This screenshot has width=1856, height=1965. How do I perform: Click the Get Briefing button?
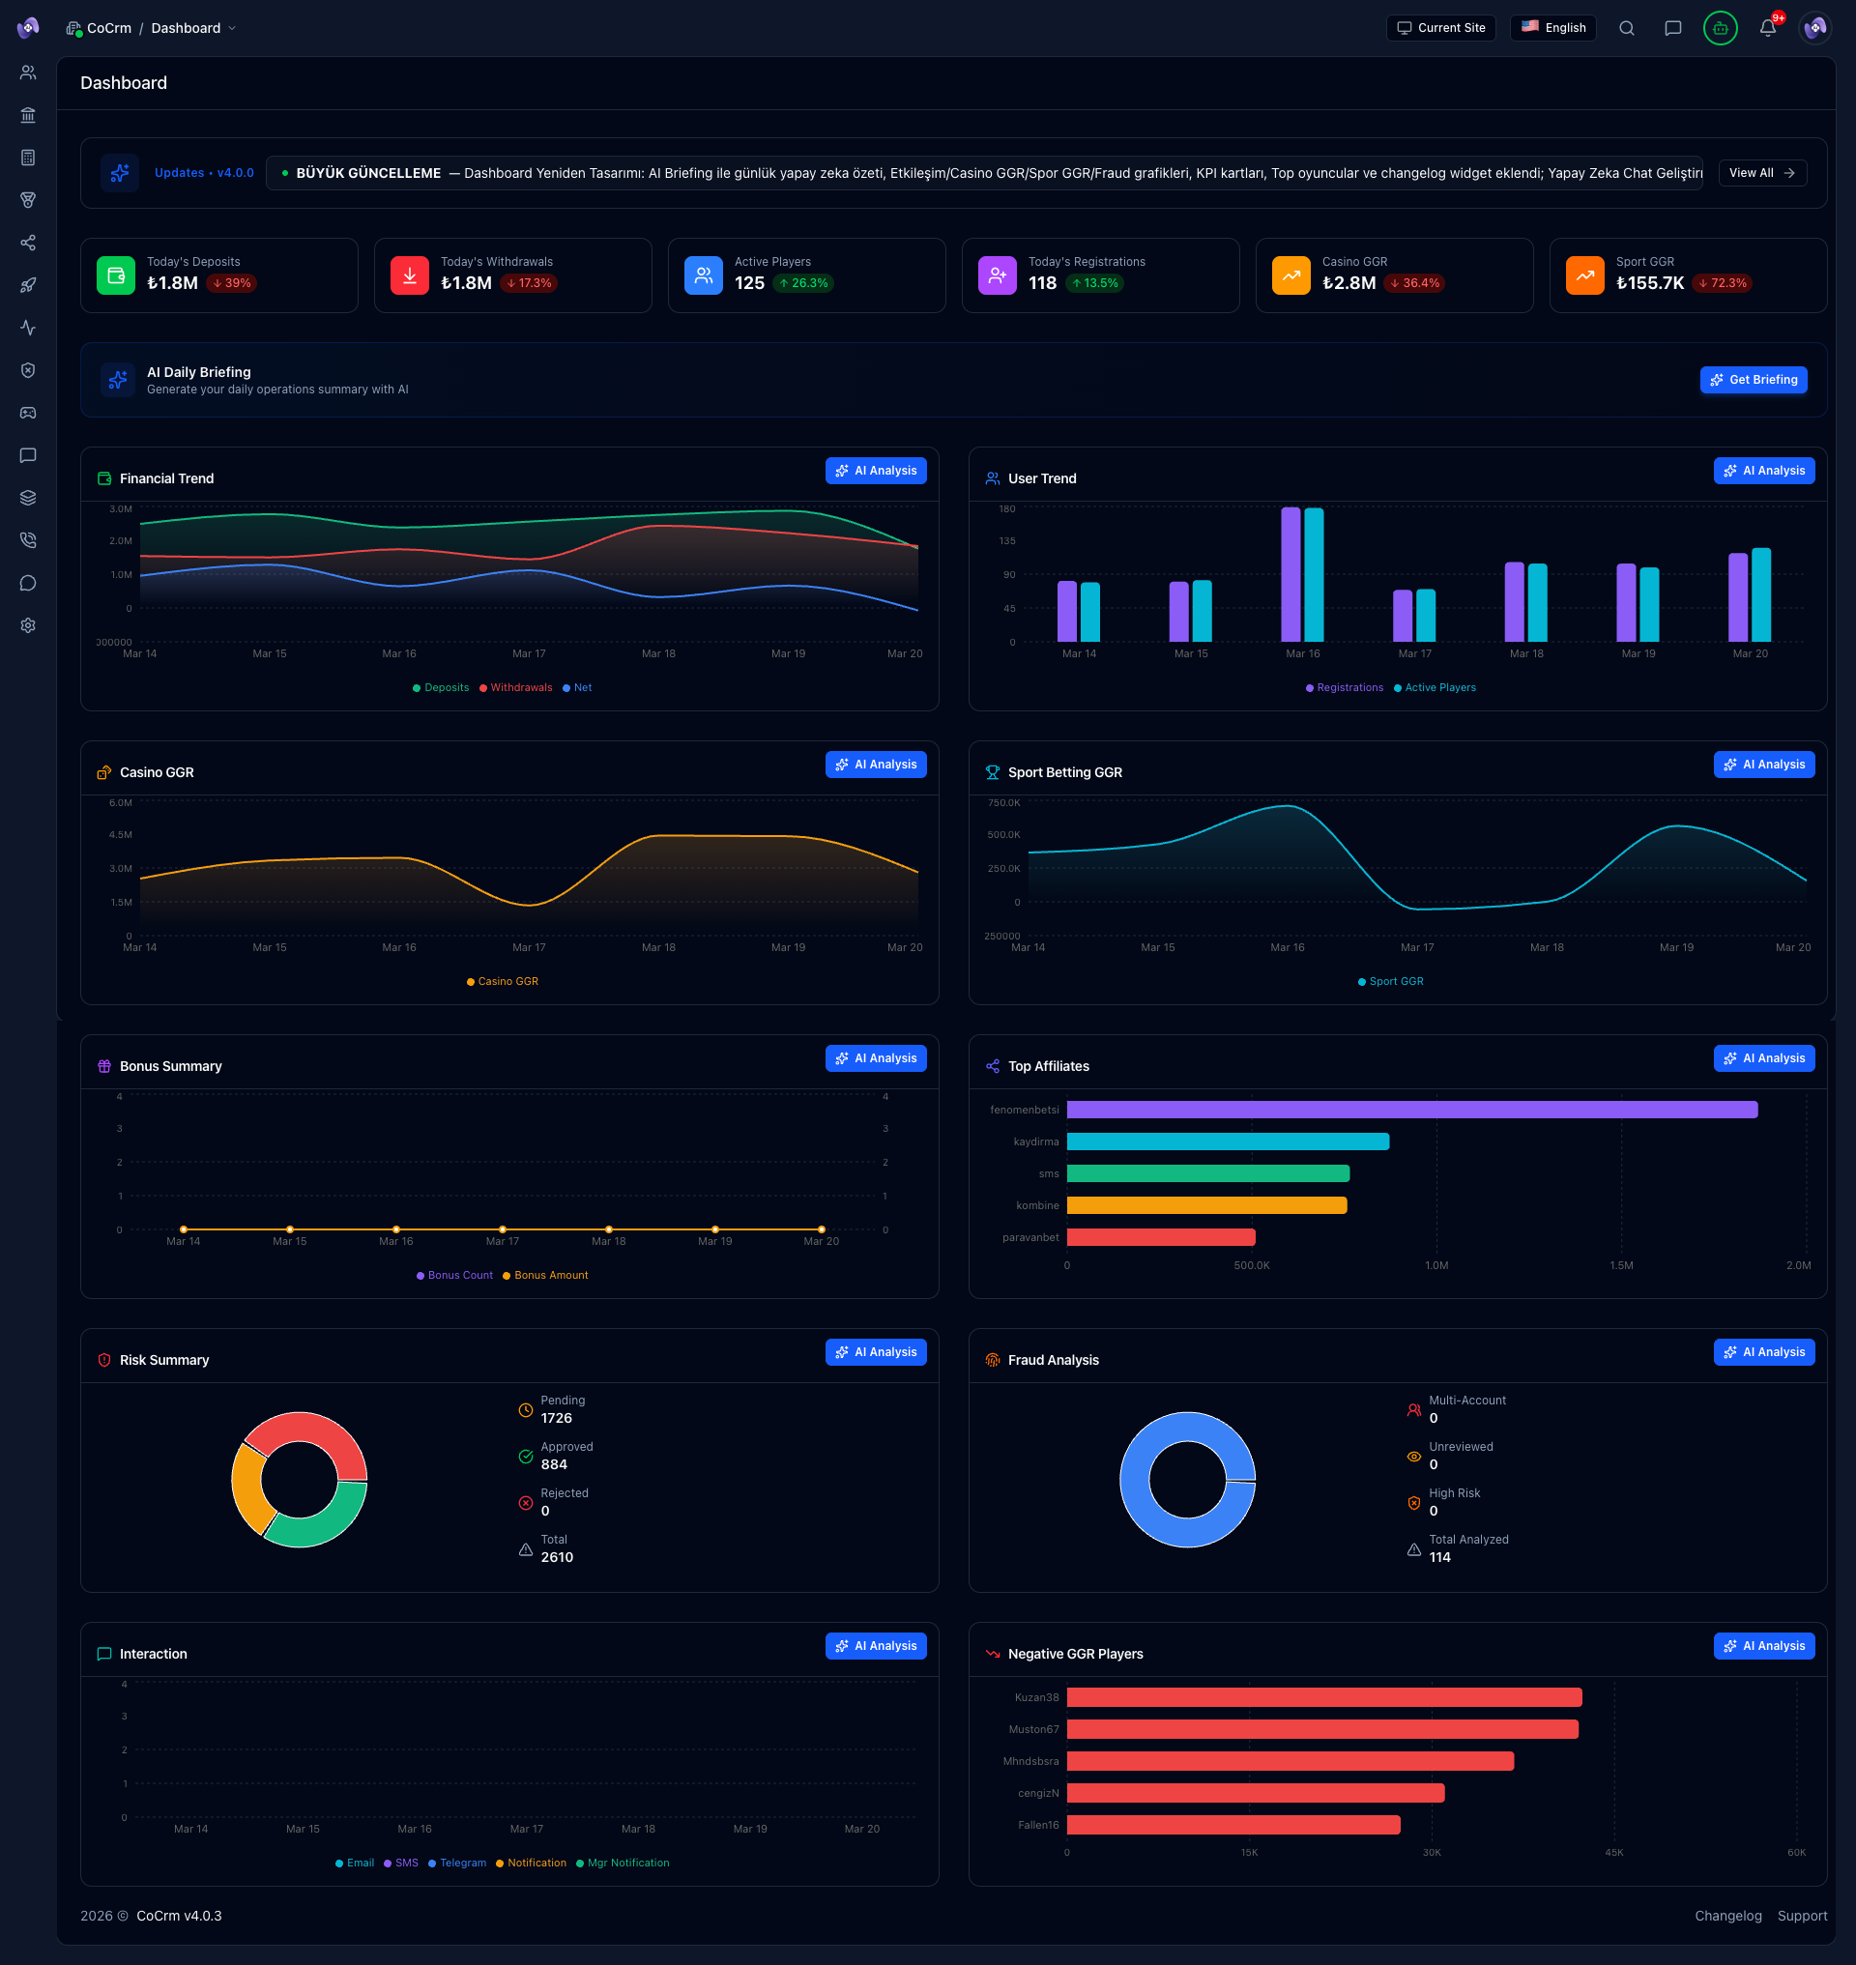1754,380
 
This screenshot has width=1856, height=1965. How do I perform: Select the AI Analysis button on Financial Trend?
876,471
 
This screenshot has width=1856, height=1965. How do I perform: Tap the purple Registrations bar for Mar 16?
1290,574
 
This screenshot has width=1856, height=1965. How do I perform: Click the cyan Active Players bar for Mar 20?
1761,594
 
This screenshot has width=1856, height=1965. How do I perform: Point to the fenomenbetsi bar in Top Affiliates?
1410,1111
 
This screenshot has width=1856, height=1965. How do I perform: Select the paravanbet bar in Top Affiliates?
1161,1237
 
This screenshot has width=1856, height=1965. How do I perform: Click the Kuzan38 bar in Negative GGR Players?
1323,1698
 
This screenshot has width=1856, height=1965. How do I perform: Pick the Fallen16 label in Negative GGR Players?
1038,1825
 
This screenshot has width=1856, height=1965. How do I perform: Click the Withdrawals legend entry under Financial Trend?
520,687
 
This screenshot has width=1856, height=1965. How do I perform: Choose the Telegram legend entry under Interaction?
462,1864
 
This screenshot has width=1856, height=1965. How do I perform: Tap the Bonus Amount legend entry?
550,1276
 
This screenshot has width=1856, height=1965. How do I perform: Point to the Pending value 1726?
556,1418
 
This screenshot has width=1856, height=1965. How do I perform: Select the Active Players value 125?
749,283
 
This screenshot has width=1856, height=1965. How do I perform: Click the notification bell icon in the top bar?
1767,28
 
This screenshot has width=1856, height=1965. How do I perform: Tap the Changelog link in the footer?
1727,1916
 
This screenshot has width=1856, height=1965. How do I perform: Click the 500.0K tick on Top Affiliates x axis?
1252,1265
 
